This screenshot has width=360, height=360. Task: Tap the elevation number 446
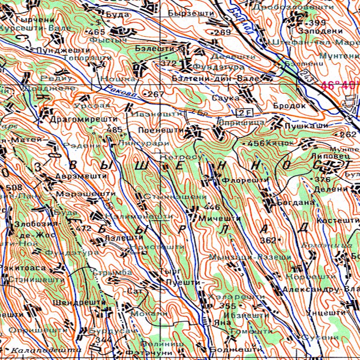(212, 207)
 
